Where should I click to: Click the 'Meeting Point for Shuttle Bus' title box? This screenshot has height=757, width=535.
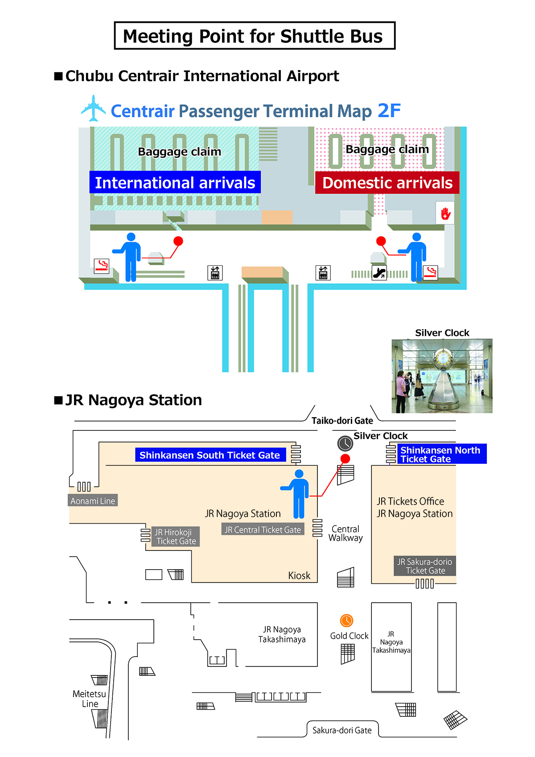point(255,36)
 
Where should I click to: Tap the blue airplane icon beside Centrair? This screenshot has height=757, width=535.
point(93,108)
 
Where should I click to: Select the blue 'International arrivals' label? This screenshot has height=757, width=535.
point(175,182)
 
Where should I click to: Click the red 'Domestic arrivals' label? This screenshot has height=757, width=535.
point(387,183)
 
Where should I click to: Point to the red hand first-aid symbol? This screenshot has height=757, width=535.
point(445,213)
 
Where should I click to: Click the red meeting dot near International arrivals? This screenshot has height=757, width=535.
point(178,241)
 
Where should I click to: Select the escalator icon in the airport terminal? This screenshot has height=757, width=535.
point(379,273)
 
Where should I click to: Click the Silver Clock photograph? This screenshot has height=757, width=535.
point(442,376)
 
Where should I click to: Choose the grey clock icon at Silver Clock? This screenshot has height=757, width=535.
point(345,443)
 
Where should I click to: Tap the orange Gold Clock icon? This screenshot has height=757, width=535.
point(346,620)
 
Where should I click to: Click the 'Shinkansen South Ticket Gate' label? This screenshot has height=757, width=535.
point(210,455)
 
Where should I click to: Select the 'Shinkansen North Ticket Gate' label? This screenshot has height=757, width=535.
point(440,454)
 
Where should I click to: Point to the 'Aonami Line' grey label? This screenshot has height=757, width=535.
point(93,501)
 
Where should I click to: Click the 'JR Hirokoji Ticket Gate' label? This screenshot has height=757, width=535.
point(176,537)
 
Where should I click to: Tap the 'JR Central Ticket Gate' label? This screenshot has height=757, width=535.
point(263,529)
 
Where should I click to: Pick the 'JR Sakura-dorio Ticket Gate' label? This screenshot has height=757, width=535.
point(425,566)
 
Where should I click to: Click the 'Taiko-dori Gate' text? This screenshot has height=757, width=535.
point(342,421)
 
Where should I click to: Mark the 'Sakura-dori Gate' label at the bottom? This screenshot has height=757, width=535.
point(342,730)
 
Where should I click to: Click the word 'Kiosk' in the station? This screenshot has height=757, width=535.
point(299,575)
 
